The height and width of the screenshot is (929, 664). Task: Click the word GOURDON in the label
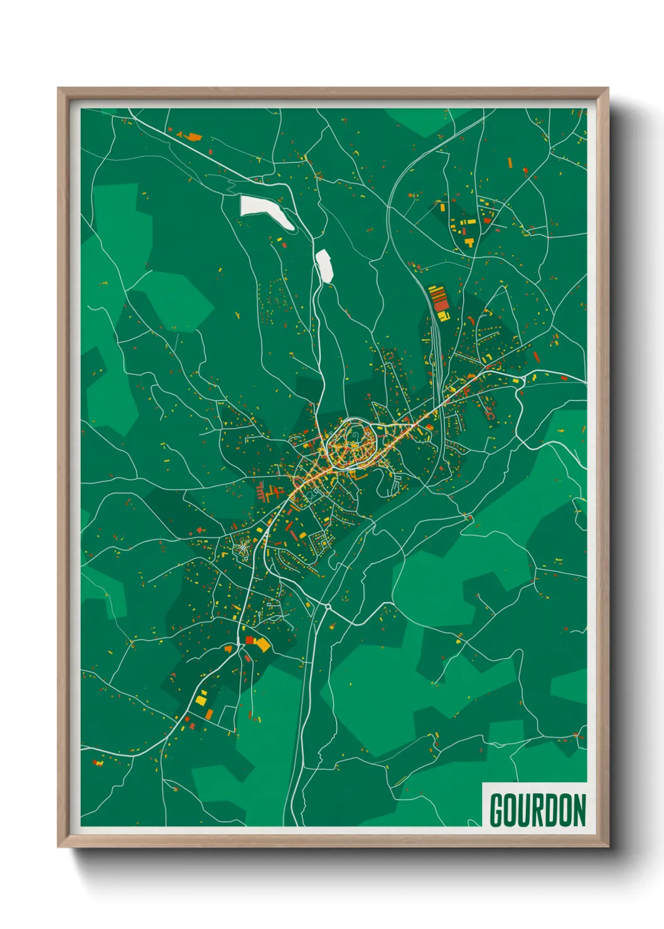click(537, 810)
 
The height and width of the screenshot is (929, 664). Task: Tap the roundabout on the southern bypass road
click(327, 607)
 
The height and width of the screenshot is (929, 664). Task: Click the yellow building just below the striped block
click(442, 314)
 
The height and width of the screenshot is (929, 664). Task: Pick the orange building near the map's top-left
click(195, 136)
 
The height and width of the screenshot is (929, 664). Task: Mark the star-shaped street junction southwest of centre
click(242, 549)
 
